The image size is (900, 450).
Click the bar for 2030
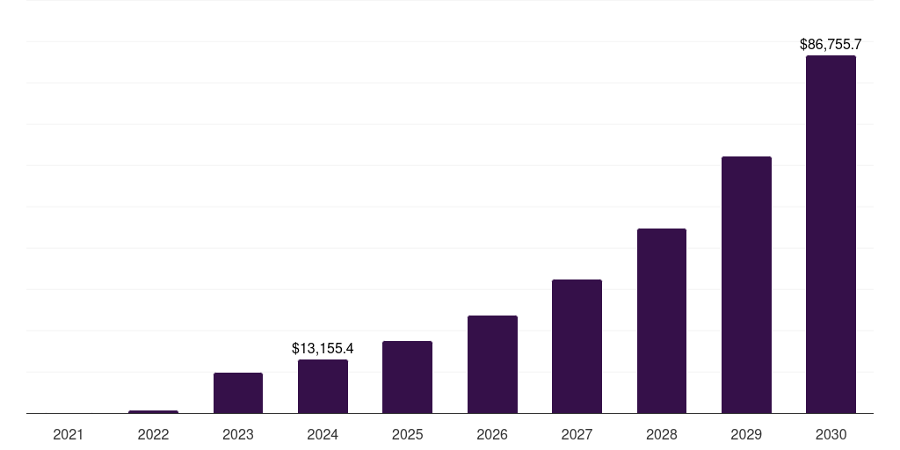click(x=831, y=234)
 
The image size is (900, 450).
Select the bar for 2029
click(x=746, y=285)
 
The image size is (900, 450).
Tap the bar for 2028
click(x=662, y=321)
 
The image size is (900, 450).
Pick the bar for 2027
click(x=577, y=346)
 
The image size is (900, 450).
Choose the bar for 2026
click(x=492, y=364)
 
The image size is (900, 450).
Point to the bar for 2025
click(x=407, y=377)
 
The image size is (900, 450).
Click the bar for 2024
click(x=323, y=386)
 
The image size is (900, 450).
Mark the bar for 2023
click(x=238, y=393)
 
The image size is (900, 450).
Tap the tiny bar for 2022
click(x=153, y=411)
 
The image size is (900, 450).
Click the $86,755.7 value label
click(x=831, y=44)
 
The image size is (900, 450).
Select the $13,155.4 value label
click(x=323, y=348)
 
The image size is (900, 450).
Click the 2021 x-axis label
click(x=69, y=434)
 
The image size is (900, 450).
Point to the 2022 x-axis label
click(x=153, y=434)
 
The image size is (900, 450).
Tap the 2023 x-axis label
click(x=238, y=434)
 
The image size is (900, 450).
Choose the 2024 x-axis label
click(x=323, y=434)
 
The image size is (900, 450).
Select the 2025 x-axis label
click(x=407, y=434)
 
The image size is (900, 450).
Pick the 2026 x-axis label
click(x=492, y=434)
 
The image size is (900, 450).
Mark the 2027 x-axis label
click(x=577, y=434)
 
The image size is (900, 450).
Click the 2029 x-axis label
click(x=746, y=434)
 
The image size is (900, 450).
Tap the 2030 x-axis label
click(x=831, y=434)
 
